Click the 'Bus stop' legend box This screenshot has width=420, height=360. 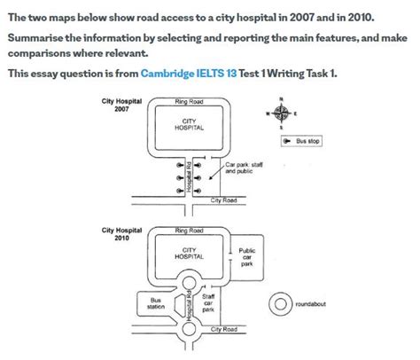pyautogui.click(x=303, y=140)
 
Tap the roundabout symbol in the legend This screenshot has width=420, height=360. pyautogui.click(x=281, y=303)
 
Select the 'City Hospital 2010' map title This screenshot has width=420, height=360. pyautogui.click(x=122, y=235)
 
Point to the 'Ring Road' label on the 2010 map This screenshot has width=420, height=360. pyautogui.click(x=189, y=231)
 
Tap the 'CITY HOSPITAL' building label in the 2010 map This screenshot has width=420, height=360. pyautogui.click(x=189, y=254)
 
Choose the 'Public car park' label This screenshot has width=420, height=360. pyautogui.click(x=247, y=256)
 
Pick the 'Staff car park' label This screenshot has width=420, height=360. pyautogui.click(x=209, y=304)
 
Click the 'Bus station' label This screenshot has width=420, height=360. pyautogui.click(x=157, y=303)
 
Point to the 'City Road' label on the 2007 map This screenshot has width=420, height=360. pyautogui.click(x=223, y=200)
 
